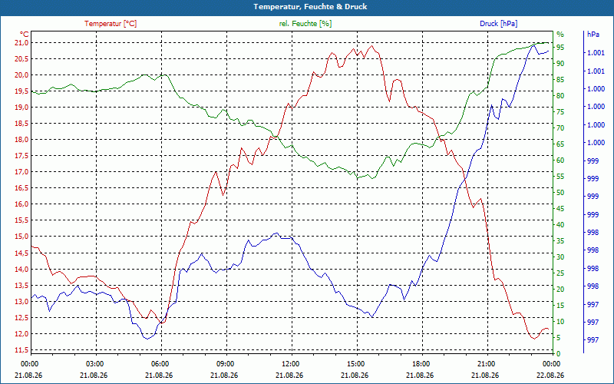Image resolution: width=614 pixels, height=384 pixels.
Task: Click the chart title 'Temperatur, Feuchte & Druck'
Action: coord(310,7)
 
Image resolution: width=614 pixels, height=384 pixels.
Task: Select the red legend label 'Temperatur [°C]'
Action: coord(111,24)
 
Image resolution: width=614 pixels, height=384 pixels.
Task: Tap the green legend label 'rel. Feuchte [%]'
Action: coord(305,24)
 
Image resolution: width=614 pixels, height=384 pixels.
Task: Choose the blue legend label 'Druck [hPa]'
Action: coord(498,24)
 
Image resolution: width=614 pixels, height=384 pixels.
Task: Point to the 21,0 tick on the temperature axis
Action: coord(21,43)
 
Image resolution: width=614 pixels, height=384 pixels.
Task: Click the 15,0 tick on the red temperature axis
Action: coord(21,237)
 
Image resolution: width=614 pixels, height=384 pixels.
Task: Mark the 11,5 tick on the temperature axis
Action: coord(21,350)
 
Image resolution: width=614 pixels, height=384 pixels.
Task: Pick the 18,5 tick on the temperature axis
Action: coord(21,124)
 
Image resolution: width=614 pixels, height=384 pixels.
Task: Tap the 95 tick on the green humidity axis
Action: coord(560,48)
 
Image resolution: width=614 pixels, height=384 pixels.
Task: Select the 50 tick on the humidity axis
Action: coord(560,193)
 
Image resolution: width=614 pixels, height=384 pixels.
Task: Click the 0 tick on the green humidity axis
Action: coord(559,354)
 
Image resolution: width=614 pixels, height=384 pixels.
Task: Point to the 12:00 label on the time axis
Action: coord(290,363)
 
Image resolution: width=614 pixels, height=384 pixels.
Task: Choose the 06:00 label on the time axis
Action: coord(160,363)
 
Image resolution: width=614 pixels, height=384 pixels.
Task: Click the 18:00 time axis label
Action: coord(421,363)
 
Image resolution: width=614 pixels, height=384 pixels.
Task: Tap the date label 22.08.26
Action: coord(551,375)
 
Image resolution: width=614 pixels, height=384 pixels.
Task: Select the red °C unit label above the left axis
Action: coord(24,35)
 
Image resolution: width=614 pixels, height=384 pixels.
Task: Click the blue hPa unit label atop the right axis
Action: coord(593,35)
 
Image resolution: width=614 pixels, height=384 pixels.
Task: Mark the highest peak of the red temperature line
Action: coord(371,45)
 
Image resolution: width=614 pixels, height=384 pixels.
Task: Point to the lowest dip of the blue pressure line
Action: coord(147,339)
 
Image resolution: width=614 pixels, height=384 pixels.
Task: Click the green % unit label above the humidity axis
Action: coord(560,35)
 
